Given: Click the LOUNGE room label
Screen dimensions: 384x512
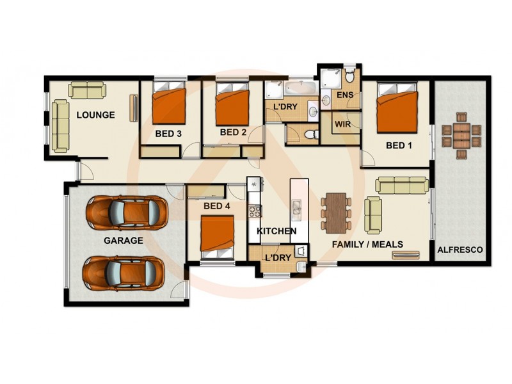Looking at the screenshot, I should (95, 115).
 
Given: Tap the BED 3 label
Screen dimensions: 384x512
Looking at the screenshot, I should (168, 134).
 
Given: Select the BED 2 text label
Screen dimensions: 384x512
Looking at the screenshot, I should (233, 132).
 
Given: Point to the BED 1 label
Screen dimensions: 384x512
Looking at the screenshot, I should (399, 145).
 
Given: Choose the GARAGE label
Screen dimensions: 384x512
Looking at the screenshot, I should (124, 241).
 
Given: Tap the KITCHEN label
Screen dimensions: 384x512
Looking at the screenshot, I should (276, 230).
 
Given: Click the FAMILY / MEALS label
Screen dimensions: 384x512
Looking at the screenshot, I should (367, 244).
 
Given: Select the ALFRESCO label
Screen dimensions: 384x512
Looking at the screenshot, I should (461, 250).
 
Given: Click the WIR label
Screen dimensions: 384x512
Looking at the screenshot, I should (342, 124).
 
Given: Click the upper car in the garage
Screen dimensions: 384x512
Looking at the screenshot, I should (127, 212).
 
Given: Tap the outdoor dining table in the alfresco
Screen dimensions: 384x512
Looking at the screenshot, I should (461, 135).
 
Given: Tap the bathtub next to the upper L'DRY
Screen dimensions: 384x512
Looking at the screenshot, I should (299, 88).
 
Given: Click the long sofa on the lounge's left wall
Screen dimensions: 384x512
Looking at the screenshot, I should (60, 125).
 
